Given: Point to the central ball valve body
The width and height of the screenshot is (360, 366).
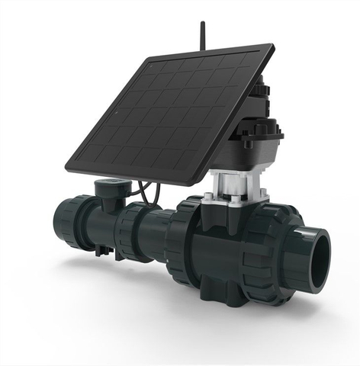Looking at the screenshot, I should pos(221,244).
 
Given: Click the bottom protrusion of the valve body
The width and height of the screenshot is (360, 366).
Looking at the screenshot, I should pos(221,294).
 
